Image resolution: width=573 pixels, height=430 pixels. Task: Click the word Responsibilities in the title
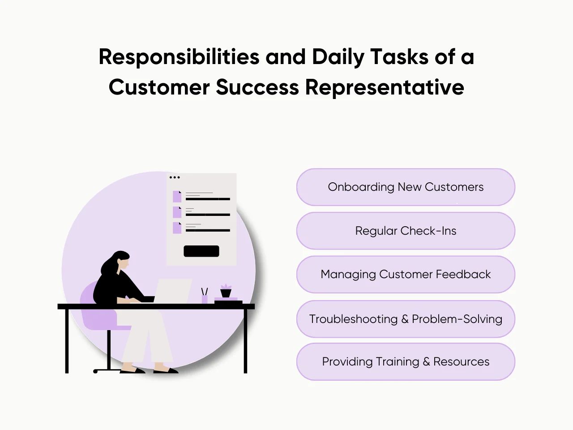[179, 57]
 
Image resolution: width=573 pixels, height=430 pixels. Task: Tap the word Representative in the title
[385, 87]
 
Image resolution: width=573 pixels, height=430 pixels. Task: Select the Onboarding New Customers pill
[406, 187]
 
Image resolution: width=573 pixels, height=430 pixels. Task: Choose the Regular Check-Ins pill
[406, 231]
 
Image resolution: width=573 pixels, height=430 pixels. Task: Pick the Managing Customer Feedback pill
[406, 274]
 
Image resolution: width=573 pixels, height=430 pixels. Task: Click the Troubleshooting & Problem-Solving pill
[406, 319]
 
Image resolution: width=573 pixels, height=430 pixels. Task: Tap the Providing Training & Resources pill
[406, 361]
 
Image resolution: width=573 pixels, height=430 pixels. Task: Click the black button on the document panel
[201, 251]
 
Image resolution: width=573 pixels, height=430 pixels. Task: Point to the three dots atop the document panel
[175, 177]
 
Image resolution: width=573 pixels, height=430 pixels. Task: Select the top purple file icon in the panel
[177, 197]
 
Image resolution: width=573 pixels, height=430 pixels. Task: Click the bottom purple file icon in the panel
[177, 228]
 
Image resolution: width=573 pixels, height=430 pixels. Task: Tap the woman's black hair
[112, 262]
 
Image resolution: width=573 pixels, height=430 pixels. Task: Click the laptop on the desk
[172, 291]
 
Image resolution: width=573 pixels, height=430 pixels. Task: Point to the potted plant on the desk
[226, 291]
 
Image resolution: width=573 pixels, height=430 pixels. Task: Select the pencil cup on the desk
[205, 298]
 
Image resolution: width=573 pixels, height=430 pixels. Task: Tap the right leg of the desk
[245, 340]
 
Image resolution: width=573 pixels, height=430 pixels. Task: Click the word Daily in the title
[338, 57]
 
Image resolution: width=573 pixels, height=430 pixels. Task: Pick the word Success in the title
[257, 87]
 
